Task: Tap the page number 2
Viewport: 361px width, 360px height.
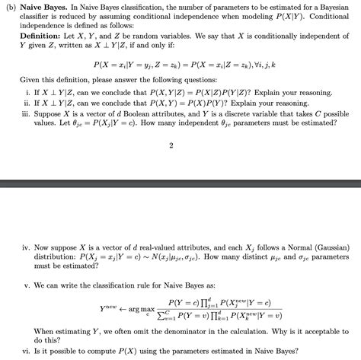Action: (171, 145)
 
